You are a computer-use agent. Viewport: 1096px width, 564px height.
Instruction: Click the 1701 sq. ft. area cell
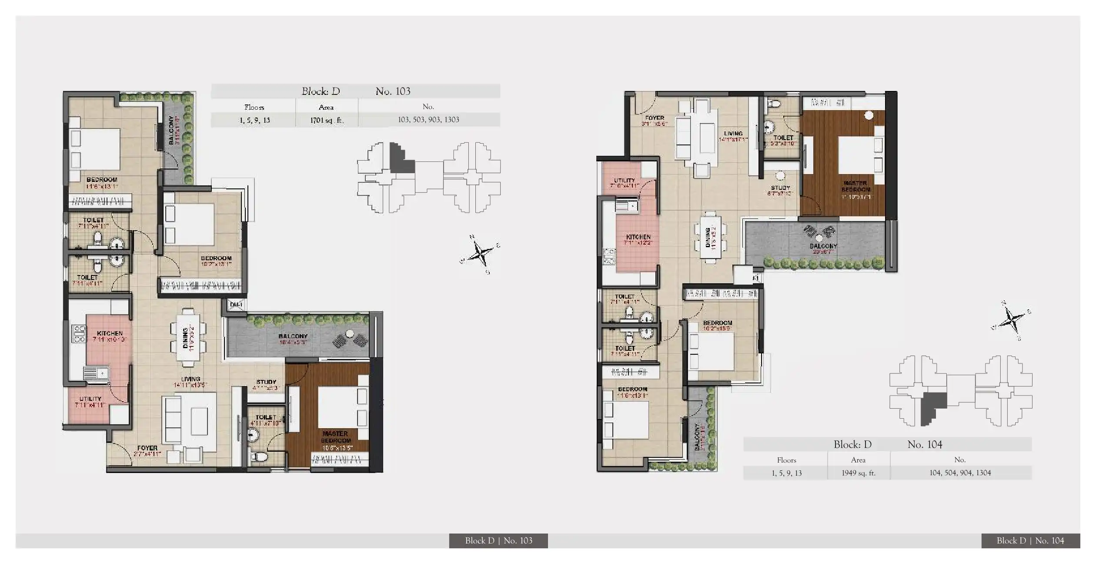pyautogui.click(x=326, y=120)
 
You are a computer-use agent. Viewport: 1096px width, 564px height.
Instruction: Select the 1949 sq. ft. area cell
pyautogui.click(x=858, y=473)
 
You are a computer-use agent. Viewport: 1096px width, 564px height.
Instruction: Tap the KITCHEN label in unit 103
pyautogui.click(x=110, y=333)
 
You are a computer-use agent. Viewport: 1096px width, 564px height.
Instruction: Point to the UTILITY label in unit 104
pyautogui.click(x=624, y=180)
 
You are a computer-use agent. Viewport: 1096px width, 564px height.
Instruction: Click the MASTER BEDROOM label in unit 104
pyautogui.click(x=855, y=186)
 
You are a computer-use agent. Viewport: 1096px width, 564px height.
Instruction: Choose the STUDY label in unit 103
pyautogui.click(x=266, y=382)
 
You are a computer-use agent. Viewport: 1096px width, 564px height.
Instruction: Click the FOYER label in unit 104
pyautogui.click(x=655, y=118)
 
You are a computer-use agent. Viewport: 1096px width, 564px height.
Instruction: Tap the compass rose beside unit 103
pyautogui.click(x=480, y=253)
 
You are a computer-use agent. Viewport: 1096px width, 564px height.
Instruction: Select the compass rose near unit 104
pyautogui.click(x=1012, y=321)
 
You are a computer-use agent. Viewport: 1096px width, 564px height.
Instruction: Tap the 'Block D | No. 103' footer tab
pyautogui.click(x=498, y=540)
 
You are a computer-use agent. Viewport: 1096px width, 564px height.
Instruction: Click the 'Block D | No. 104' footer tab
pyautogui.click(x=1030, y=540)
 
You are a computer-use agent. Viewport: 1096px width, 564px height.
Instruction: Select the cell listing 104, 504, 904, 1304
pyautogui.click(x=960, y=473)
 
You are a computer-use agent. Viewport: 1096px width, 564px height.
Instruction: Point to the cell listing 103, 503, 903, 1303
pyautogui.click(x=428, y=120)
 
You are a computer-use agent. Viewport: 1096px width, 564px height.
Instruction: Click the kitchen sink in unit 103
pyautogui.click(x=96, y=374)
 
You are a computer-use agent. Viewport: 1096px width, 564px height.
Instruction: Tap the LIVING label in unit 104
pyautogui.click(x=733, y=134)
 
